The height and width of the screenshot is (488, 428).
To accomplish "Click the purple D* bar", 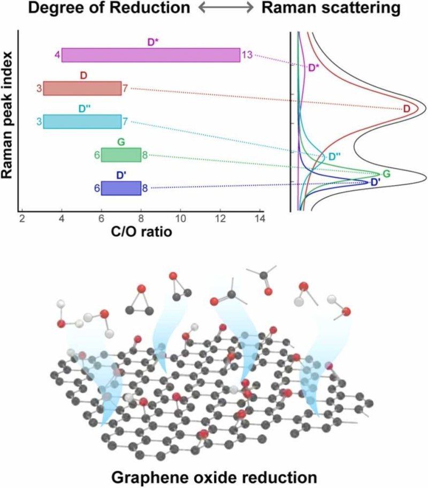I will tap(151, 55).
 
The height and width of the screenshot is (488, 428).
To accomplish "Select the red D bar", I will tap(82, 88).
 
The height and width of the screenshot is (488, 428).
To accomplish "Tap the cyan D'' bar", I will tap(82, 122).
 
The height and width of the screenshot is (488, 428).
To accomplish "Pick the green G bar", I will tap(121, 155).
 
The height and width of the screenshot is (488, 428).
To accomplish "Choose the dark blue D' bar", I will tap(121, 188).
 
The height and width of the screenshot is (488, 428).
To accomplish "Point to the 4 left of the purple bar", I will tap(56, 55).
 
